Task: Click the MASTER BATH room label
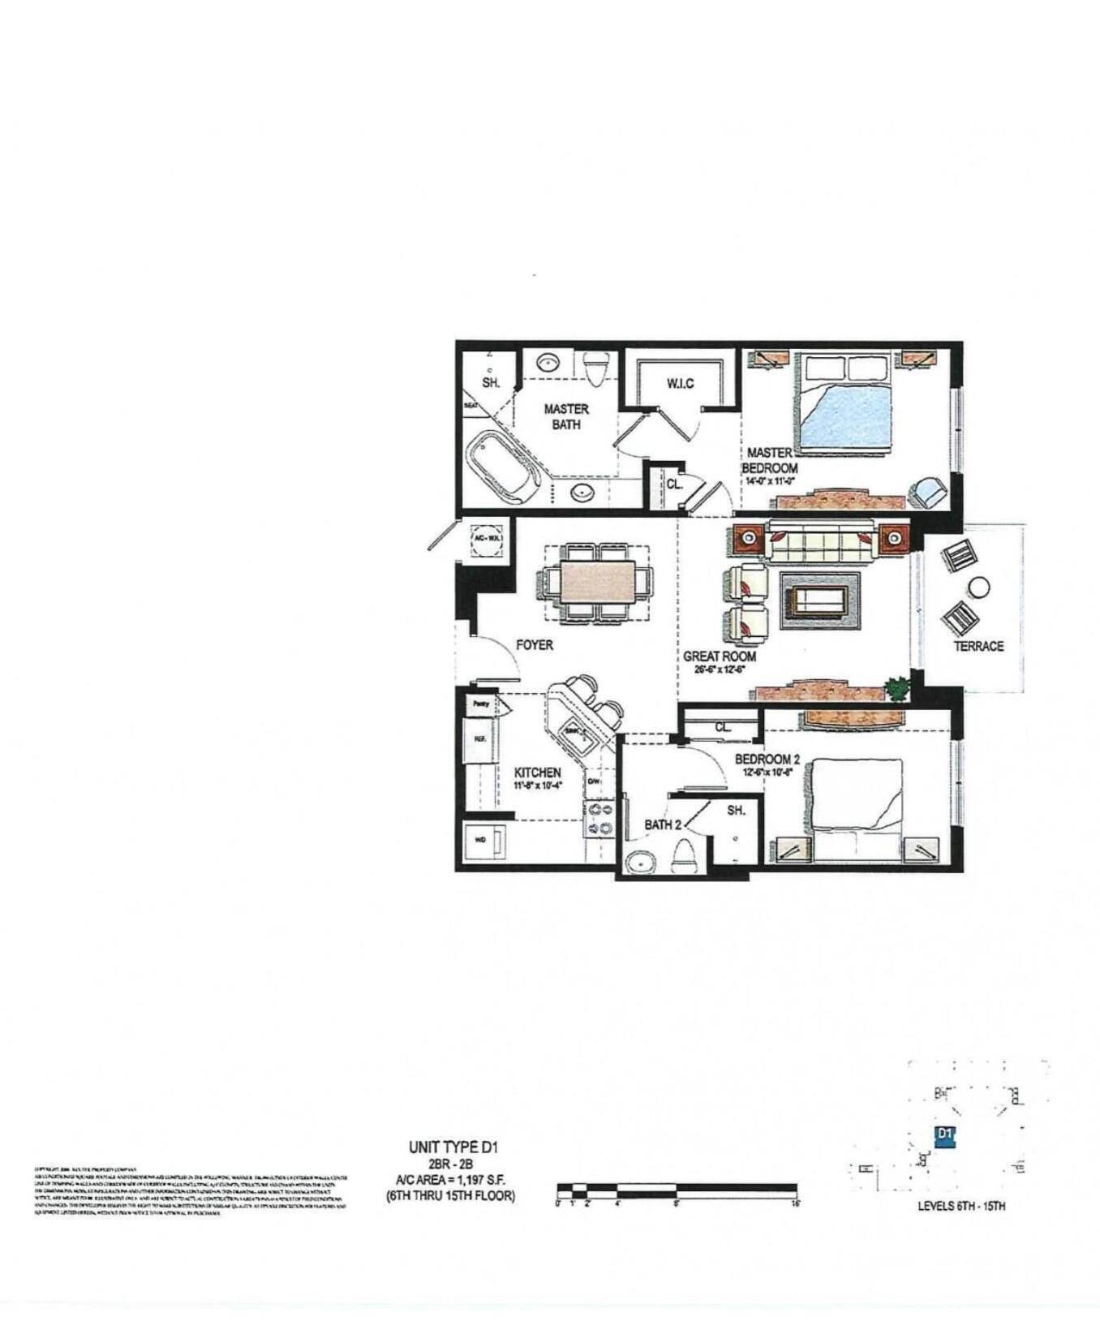pos(566,416)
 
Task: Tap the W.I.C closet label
pos(681,383)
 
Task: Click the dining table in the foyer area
pos(597,582)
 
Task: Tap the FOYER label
pos(535,645)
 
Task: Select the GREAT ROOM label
pos(720,656)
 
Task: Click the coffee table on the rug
pos(819,600)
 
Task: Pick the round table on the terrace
pos(979,587)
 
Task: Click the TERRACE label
pos(978,646)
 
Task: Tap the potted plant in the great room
pos(897,689)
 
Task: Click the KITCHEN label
pos(537,773)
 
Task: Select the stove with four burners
pos(599,818)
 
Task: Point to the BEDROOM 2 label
pos(767,760)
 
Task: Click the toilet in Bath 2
pos(686,857)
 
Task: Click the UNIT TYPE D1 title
pos(453,1147)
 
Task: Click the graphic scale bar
pos(677,1190)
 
